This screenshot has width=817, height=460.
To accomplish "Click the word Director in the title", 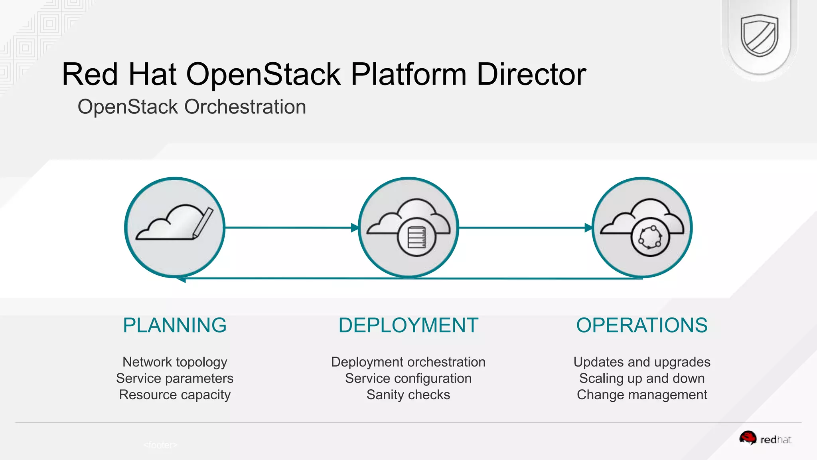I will click(x=531, y=74).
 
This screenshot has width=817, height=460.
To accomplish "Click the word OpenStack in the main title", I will click(x=263, y=74).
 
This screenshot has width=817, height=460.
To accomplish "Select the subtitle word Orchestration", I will click(x=245, y=107).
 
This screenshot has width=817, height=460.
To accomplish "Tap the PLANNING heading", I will click(x=175, y=325).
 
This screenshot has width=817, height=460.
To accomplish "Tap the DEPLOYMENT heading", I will click(x=408, y=325).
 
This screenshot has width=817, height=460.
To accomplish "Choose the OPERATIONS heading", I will click(x=641, y=325).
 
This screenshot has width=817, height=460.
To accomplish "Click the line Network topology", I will click(x=175, y=362).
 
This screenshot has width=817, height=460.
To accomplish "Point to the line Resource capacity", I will click(x=175, y=395).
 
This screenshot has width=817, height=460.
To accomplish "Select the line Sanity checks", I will click(x=408, y=395).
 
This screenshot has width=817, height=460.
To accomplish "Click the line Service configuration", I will click(x=408, y=378).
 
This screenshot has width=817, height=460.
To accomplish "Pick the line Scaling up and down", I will click(x=641, y=378).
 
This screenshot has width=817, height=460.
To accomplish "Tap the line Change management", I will click(x=641, y=395).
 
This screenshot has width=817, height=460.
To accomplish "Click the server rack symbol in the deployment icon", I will click(x=416, y=237).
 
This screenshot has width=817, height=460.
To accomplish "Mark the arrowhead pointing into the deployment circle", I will click(x=355, y=228).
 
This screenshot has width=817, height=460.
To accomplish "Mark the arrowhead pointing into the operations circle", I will click(x=588, y=228).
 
